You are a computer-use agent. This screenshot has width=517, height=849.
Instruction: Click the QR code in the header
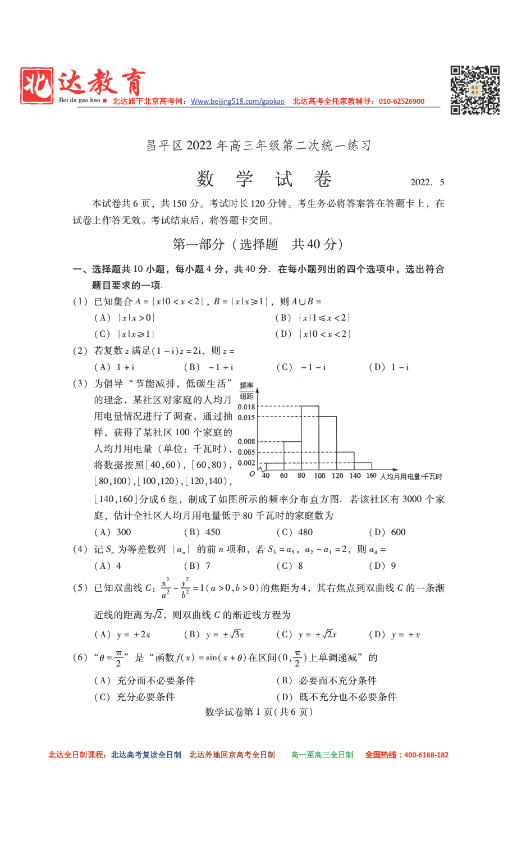(x=475, y=90)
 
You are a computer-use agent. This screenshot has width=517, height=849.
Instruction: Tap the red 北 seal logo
(x=37, y=85)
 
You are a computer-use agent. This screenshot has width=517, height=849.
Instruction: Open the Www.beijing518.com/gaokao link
(x=237, y=102)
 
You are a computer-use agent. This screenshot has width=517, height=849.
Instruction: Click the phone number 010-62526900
(x=401, y=102)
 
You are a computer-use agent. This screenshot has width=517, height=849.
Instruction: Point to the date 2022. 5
(x=427, y=182)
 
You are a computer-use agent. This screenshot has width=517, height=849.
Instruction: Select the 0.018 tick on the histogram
(x=246, y=407)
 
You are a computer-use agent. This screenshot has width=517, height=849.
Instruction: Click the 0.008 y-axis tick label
(x=246, y=441)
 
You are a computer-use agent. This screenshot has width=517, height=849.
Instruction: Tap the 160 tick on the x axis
(x=371, y=476)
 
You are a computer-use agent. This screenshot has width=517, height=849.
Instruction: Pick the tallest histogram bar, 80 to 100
(x=310, y=438)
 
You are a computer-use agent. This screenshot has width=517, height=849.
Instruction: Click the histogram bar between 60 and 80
(x=292, y=455)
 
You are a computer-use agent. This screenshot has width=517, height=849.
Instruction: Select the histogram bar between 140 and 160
(x=363, y=466)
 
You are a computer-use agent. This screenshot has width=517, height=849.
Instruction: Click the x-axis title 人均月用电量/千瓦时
(x=411, y=477)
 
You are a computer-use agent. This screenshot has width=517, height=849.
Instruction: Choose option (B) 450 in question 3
(x=203, y=532)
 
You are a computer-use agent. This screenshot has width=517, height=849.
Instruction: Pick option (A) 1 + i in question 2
(x=115, y=367)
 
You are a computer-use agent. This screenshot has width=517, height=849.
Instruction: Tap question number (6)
(x=80, y=658)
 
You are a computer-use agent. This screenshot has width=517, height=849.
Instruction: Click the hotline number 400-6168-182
(x=426, y=755)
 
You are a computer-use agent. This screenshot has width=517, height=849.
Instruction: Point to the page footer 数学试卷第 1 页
(x=259, y=712)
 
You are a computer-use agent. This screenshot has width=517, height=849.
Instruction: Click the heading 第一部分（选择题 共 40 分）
(x=258, y=244)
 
